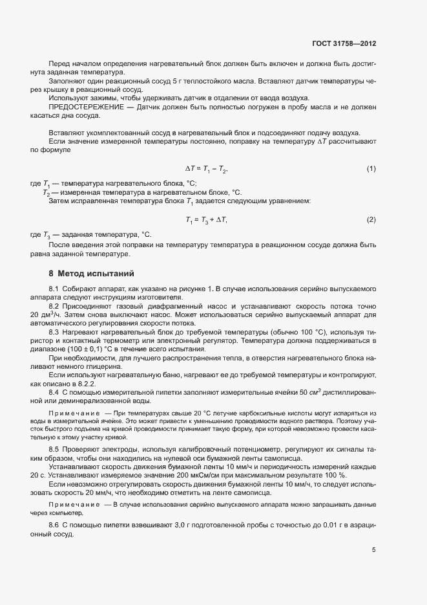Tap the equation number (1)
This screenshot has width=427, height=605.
(371, 169)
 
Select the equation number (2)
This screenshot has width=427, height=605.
(371, 220)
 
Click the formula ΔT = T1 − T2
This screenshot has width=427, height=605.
(207, 170)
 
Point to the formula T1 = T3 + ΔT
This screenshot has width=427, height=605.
(207, 221)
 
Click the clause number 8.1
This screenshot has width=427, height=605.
(54, 288)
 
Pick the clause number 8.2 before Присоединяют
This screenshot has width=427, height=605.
(54, 305)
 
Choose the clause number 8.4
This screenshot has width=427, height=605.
(54, 392)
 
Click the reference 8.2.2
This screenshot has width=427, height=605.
(85, 384)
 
